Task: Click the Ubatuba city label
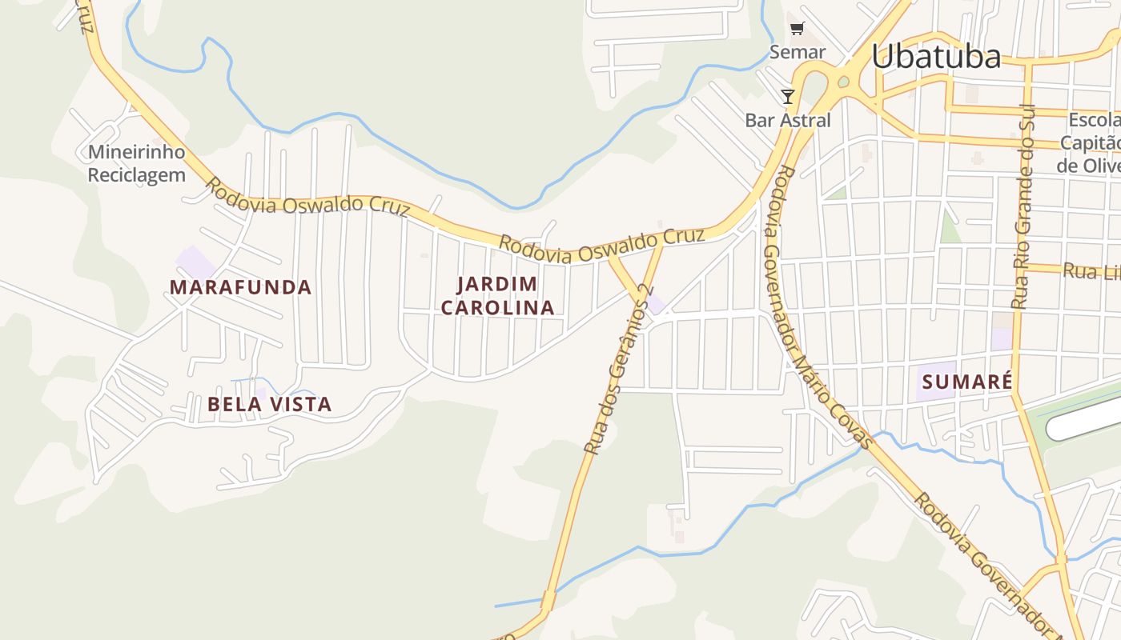pyautogui.click(x=935, y=57)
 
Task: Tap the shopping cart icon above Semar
pyautogui.click(x=797, y=30)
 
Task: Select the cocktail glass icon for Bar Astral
pyautogui.click(x=788, y=97)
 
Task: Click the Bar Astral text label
pyautogui.click(x=788, y=121)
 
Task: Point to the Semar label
pyautogui.click(x=797, y=52)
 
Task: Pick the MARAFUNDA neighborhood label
pyautogui.click(x=240, y=287)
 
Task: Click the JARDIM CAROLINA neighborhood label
pyautogui.click(x=497, y=295)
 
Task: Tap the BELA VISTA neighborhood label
pyautogui.click(x=269, y=404)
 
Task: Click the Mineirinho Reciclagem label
pyautogui.click(x=136, y=163)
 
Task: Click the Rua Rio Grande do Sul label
pyautogui.click(x=1024, y=206)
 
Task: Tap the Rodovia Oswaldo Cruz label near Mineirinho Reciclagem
pyautogui.click(x=307, y=197)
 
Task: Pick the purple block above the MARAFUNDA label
pyautogui.click(x=195, y=262)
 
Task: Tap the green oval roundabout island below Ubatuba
pyautogui.click(x=842, y=82)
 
